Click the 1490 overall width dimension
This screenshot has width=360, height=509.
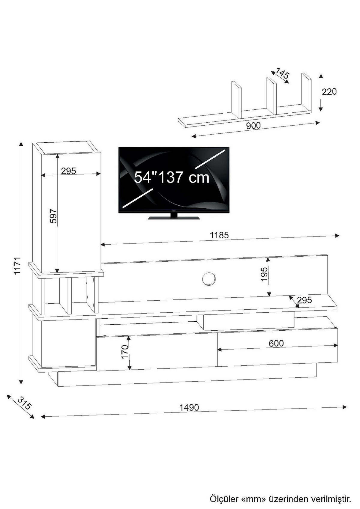[189, 407]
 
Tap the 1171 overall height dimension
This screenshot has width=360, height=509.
[17, 266]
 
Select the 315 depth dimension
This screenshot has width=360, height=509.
[24, 403]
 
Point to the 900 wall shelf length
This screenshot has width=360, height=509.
[253, 126]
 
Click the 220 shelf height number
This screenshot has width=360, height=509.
[329, 91]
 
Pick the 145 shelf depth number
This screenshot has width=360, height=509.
[282, 74]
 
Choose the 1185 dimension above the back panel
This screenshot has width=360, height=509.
[219, 235]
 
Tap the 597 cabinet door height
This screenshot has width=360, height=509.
[53, 216]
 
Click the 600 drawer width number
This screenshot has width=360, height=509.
[276, 344]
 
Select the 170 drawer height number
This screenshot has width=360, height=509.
[125, 352]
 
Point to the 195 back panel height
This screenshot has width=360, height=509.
[264, 274]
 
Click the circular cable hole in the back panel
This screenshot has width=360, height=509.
[209, 279]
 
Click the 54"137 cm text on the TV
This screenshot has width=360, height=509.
[171, 177]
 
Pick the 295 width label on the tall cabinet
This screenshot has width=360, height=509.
[69, 171]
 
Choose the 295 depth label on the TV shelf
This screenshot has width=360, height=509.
[304, 300]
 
